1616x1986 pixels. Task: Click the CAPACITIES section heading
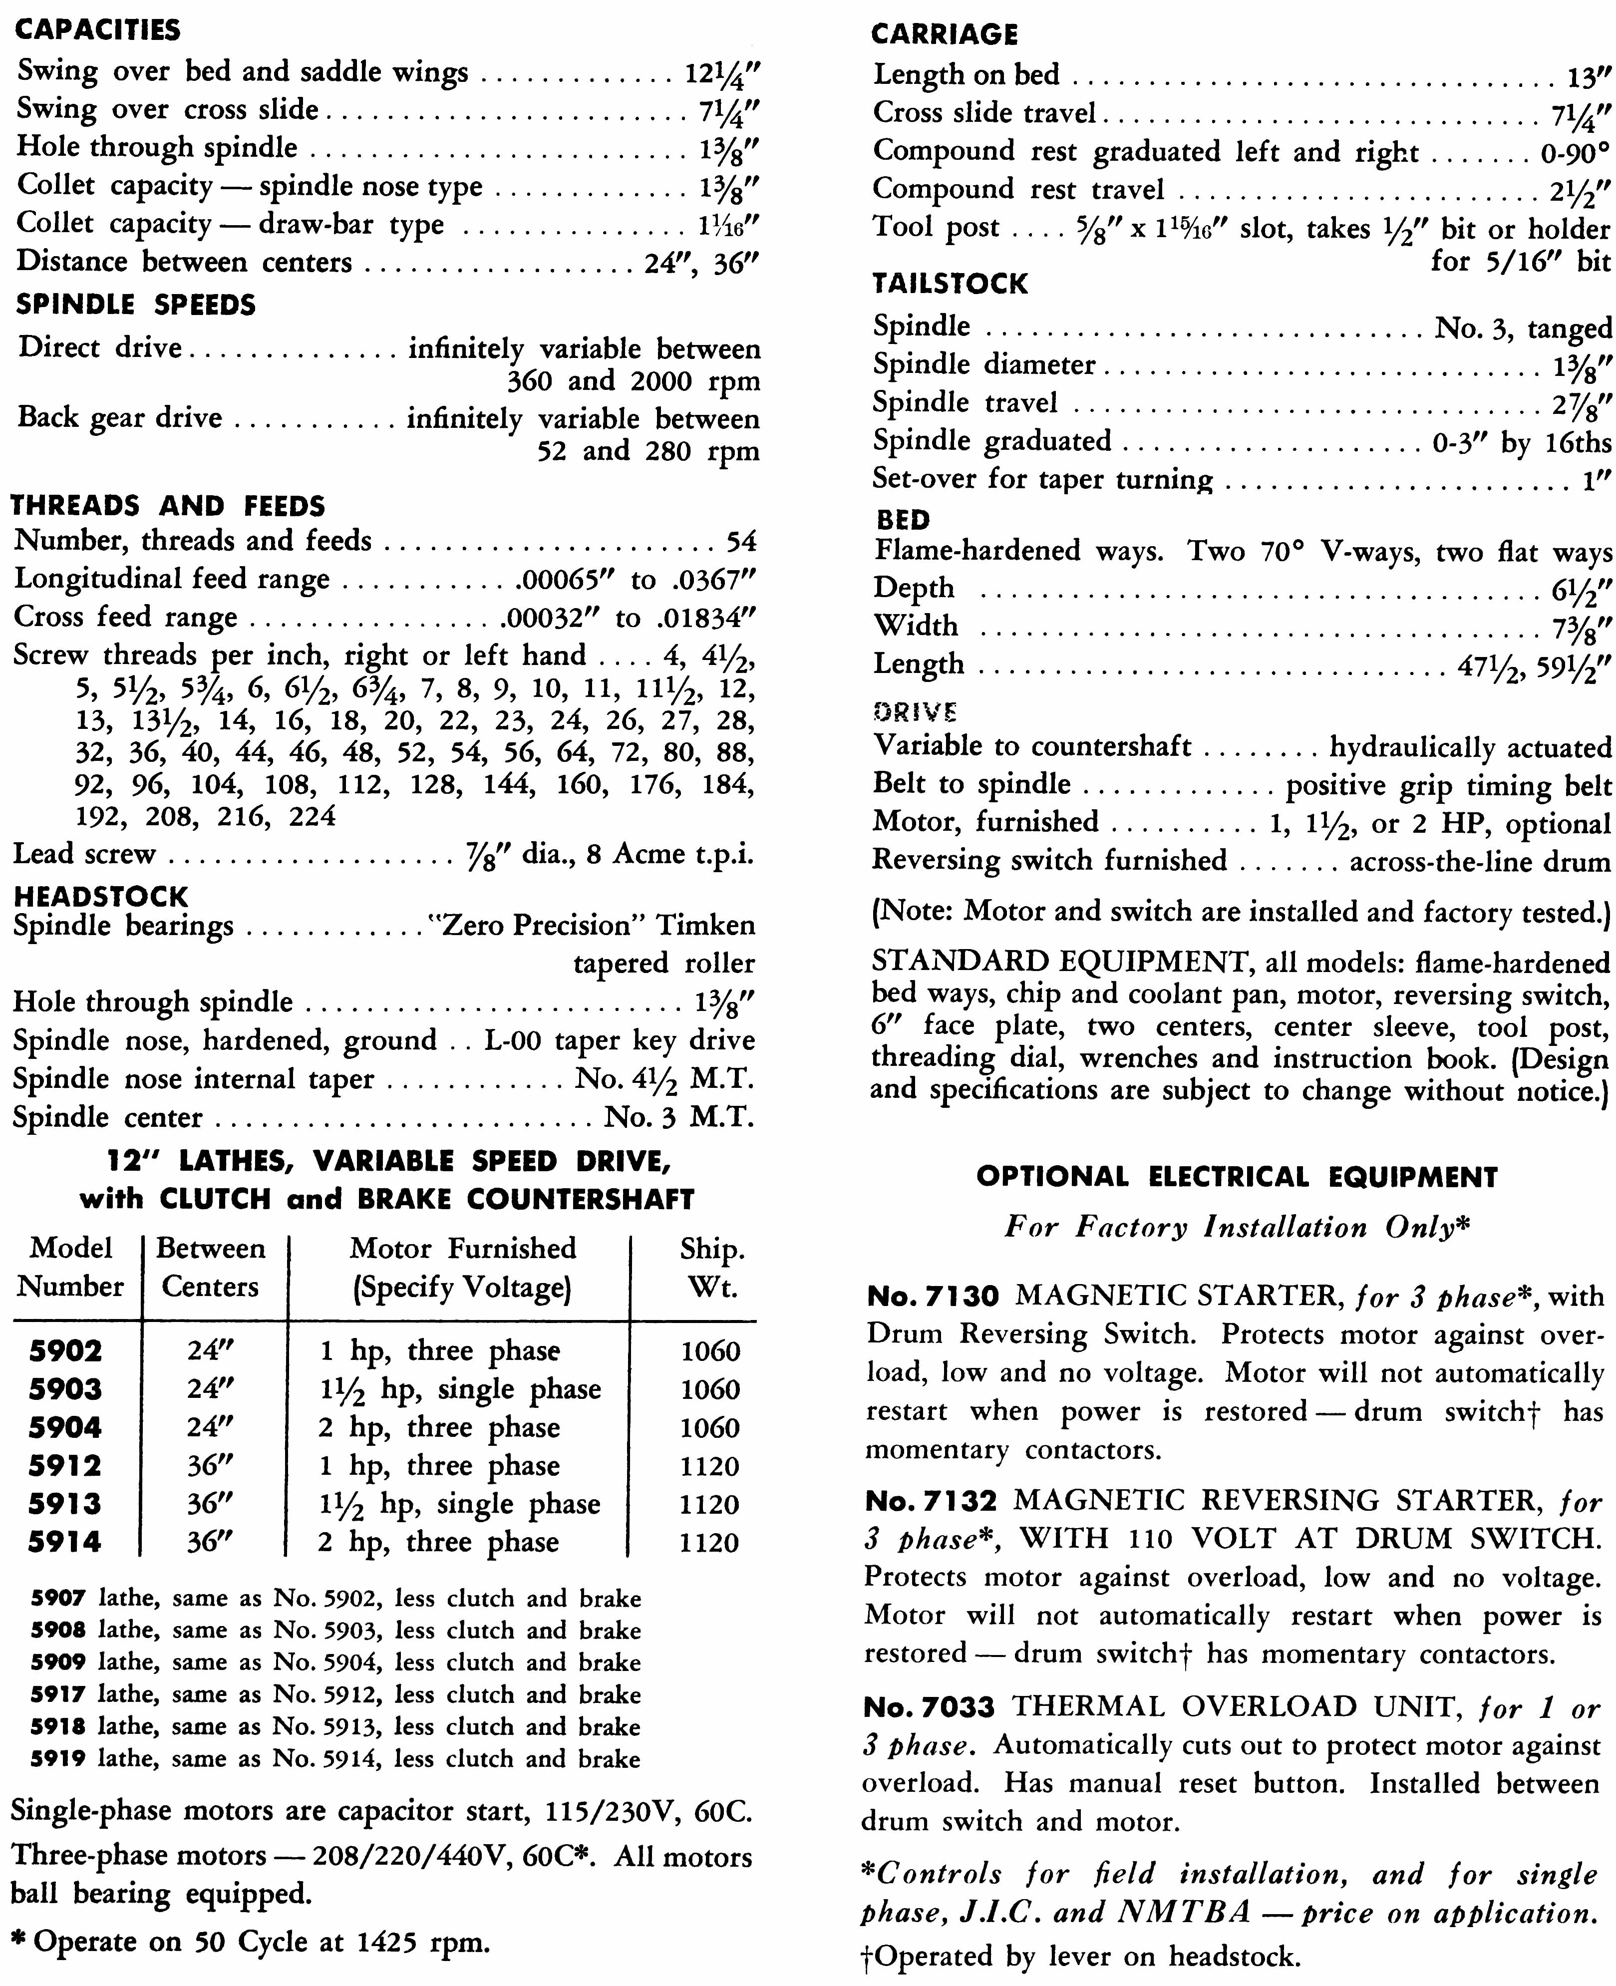tap(98, 30)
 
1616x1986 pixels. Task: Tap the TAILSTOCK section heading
tap(950, 283)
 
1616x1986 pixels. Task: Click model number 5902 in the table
tap(65, 1350)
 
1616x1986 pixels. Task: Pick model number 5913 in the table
tap(65, 1503)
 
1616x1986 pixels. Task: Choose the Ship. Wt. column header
tap(711, 1268)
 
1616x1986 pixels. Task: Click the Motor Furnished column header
tap(463, 1268)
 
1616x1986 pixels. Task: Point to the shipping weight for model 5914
tap(709, 1542)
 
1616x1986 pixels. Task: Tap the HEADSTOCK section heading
tap(100, 896)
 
